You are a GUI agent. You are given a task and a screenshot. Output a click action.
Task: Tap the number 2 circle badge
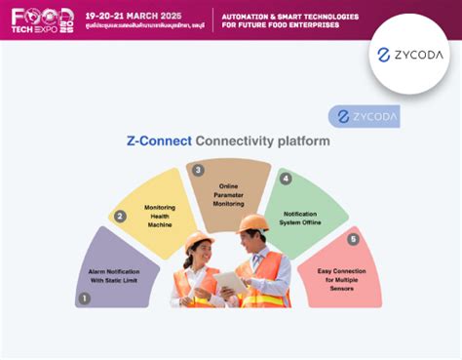click(120, 217)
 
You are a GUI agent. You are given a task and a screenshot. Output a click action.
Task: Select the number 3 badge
click(198, 171)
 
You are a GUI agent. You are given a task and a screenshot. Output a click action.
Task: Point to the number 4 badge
click(286, 179)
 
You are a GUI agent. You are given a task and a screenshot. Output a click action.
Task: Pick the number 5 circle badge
click(353, 239)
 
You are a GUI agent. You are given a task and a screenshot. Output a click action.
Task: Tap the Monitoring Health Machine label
click(159, 216)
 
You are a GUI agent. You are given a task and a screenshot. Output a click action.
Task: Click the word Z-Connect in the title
click(159, 141)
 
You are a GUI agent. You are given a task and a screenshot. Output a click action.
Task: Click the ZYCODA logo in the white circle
click(410, 55)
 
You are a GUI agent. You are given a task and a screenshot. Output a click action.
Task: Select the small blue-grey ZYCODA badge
click(364, 116)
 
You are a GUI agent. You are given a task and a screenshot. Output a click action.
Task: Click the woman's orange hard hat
click(199, 239)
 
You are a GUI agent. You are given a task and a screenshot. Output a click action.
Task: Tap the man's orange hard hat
click(253, 222)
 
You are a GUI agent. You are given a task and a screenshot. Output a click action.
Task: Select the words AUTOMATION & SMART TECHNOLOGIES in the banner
click(289, 17)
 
